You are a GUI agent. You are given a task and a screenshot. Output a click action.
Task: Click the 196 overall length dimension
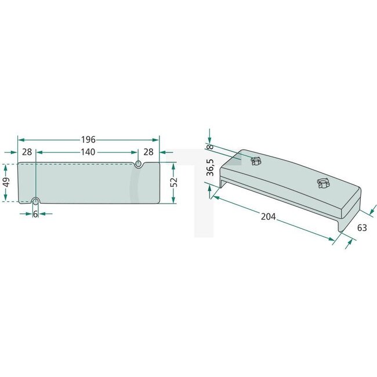tap(88, 140)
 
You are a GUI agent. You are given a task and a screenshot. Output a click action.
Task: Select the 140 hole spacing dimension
tap(88, 151)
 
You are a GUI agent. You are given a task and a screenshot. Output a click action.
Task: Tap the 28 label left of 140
tap(27, 151)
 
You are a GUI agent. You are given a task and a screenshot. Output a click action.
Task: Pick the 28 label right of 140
tap(148, 151)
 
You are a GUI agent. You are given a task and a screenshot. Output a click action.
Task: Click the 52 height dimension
tap(173, 182)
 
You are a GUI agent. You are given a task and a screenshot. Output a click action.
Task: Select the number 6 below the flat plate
tap(35, 214)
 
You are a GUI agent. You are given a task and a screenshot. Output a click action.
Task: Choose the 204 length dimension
tap(268, 217)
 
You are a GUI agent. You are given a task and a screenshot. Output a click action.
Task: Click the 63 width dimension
tap(361, 228)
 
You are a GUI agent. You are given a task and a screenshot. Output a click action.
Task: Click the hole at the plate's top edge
tap(138, 164)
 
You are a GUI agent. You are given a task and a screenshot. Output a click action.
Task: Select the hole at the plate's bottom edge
tap(36, 201)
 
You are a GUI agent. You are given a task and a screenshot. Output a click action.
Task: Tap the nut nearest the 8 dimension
tap(255, 161)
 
